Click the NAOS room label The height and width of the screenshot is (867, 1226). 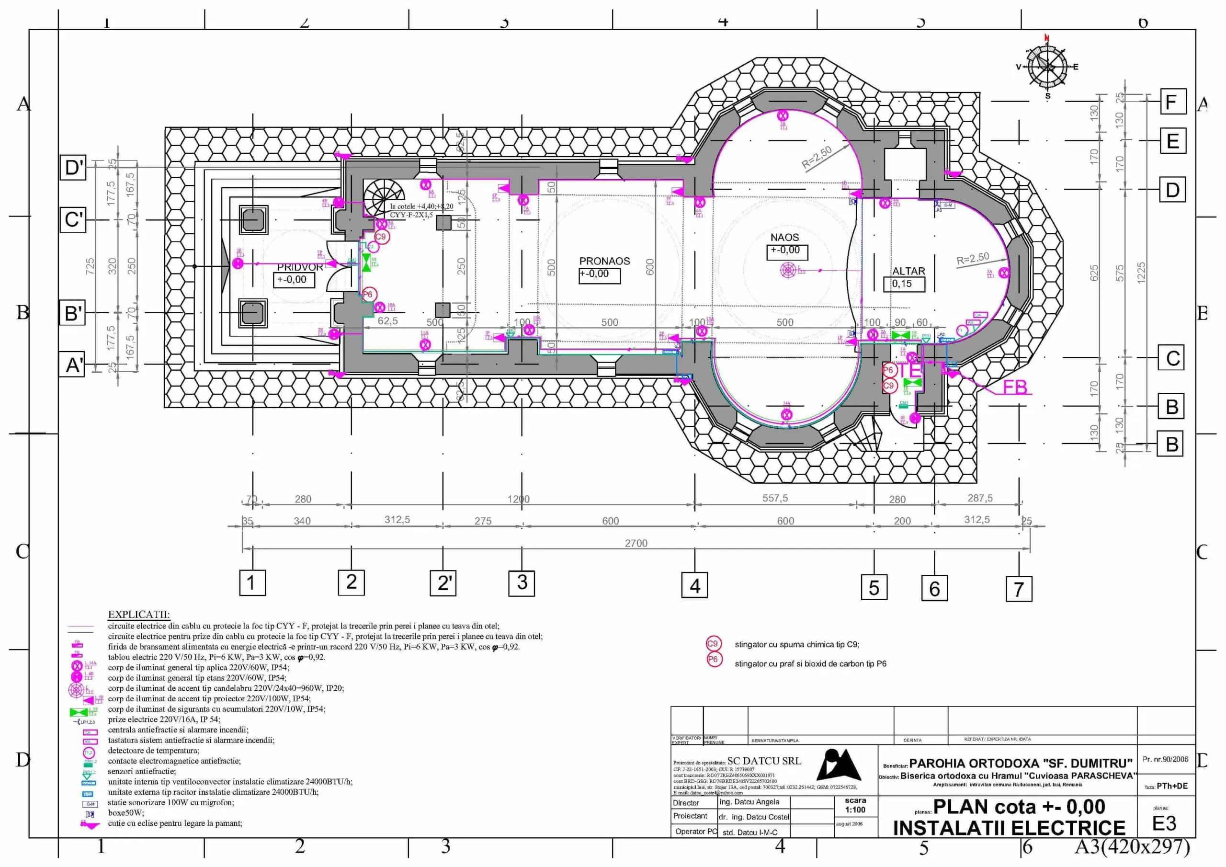pos(784,237)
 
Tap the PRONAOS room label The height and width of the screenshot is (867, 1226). pos(604,261)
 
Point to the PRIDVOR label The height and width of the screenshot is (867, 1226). pos(300,267)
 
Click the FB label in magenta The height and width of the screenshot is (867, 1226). pos(1014,388)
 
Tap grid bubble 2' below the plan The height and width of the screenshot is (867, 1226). pos(443,583)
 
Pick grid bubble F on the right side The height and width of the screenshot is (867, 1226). pos(1173,102)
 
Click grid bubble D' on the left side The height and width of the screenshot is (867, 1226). pos(73,168)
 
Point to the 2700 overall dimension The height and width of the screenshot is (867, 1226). pos(636,543)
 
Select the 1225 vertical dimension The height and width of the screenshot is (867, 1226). pos(1141,273)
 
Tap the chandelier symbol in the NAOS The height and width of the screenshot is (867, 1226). pos(788,270)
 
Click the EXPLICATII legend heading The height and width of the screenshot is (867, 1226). pos(138,615)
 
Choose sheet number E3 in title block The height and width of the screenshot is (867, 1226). pos(1164,823)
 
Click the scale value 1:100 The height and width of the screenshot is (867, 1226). pos(855,810)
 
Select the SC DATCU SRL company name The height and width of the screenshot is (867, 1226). pos(763,761)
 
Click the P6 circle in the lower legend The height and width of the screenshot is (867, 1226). pos(713,660)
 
